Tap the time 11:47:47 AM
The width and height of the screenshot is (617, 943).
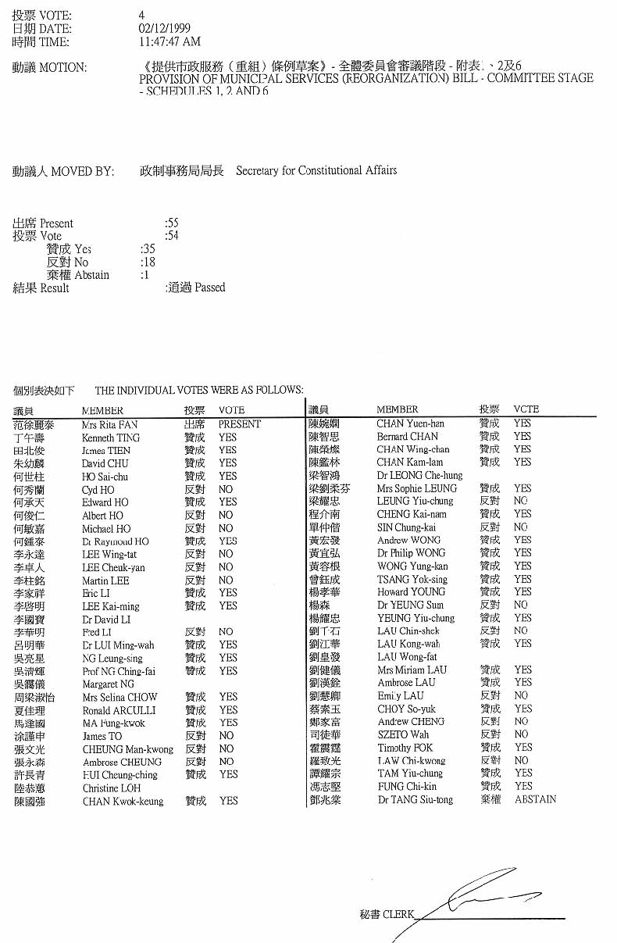(169, 42)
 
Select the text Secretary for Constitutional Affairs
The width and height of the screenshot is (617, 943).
(316, 170)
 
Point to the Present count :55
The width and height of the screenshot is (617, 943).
(172, 223)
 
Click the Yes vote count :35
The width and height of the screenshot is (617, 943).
(147, 249)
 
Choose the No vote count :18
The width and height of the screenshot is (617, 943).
(147, 263)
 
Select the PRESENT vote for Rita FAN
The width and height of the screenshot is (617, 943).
(240, 425)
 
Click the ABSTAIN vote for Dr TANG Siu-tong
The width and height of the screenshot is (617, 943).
(535, 799)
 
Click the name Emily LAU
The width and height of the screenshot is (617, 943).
(401, 695)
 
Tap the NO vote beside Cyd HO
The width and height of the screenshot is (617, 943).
(226, 490)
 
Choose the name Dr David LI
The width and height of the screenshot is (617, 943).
(106, 619)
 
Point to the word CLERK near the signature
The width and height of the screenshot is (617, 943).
(398, 914)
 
